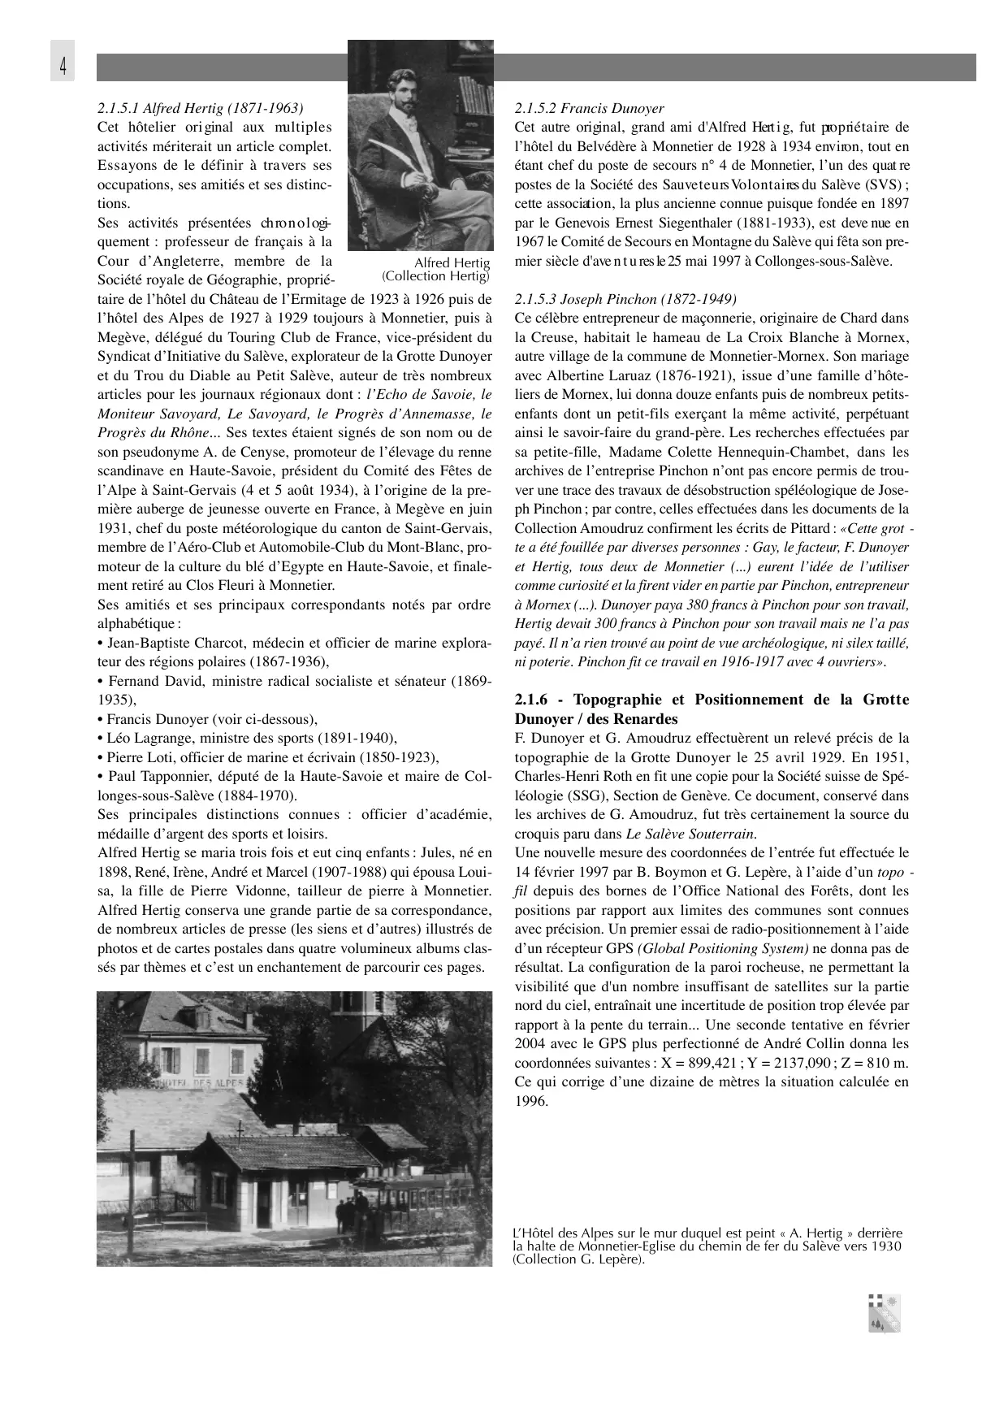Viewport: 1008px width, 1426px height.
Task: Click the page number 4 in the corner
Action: [63, 64]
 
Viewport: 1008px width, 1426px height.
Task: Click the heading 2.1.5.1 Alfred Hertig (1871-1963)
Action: [201, 108]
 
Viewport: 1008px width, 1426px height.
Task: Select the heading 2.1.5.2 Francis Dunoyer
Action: [589, 108]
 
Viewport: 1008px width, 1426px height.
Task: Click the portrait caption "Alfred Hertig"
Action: [452, 262]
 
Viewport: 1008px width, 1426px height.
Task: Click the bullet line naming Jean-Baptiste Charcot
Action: [294, 643]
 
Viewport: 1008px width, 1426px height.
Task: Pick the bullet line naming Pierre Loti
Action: [268, 757]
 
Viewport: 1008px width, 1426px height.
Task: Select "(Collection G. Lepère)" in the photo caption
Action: [578, 1259]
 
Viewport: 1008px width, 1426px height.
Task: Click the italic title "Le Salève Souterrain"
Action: [690, 834]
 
